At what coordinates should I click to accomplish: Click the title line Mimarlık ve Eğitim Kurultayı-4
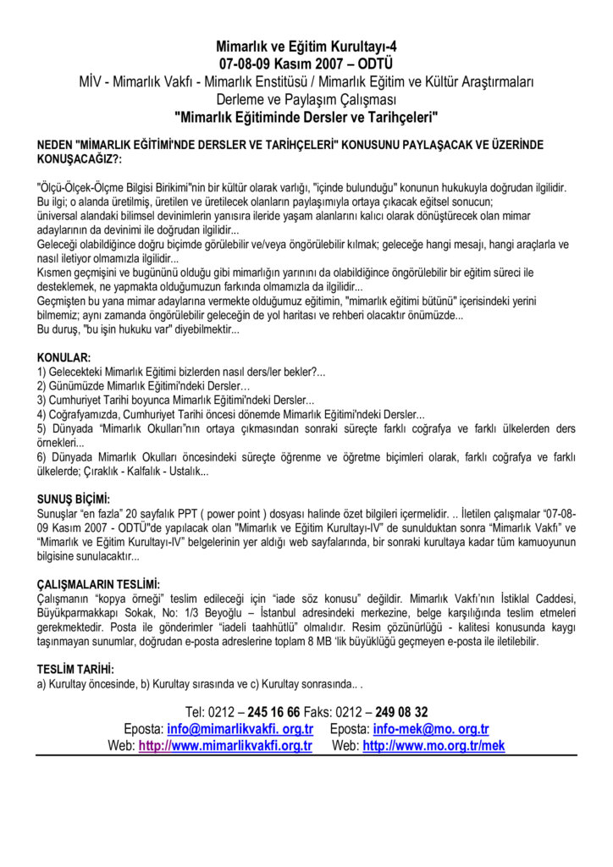306,47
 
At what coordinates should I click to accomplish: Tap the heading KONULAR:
64,358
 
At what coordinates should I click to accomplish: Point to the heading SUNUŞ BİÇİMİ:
74,500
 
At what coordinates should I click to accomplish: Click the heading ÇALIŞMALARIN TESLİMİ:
99,584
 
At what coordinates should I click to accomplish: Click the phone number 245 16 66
273,712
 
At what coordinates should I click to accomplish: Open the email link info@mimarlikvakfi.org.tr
240,729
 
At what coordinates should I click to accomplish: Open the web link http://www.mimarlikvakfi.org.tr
225,746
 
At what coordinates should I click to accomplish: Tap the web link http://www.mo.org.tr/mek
434,746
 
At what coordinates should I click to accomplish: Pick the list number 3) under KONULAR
41,400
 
